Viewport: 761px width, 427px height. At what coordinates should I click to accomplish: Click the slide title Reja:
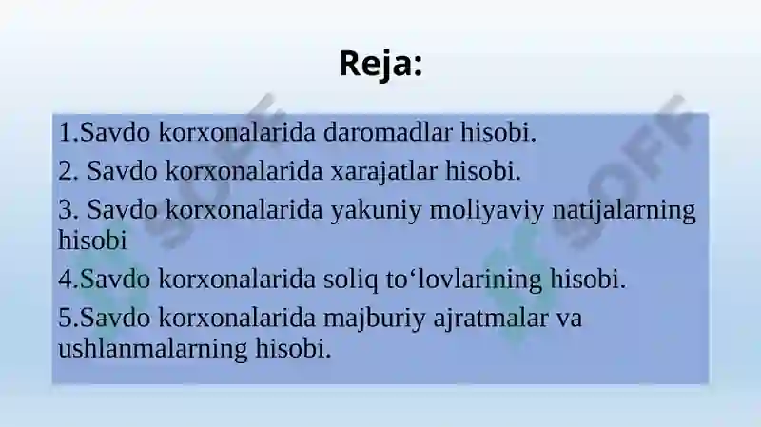click(x=380, y=64)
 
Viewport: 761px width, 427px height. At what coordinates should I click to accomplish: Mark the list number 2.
click(x=64, y=172)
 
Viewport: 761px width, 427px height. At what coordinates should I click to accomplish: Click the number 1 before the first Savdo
click(x=63, y=131)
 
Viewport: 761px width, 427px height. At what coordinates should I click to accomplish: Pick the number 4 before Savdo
click(x=64, y=280)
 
